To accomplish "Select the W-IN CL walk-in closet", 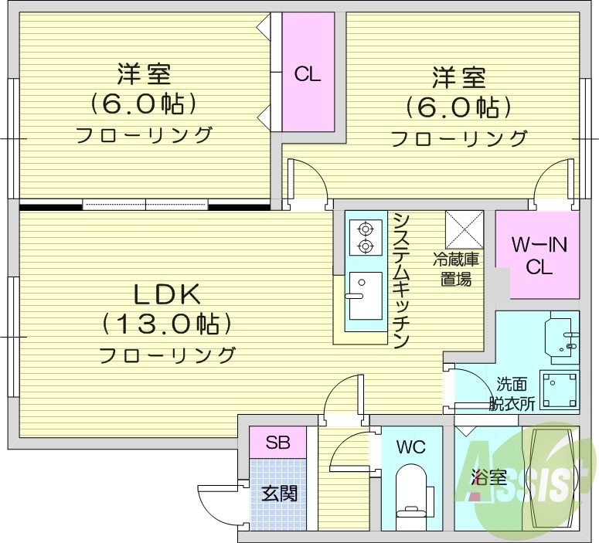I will tap(538, 256).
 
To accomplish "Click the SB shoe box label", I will tap(277, 443).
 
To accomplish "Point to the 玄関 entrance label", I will tap(279, 493).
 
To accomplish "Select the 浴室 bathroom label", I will tap(488, 477).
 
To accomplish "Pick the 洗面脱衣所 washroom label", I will tap(512, 393).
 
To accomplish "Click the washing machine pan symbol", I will tap(558, 390).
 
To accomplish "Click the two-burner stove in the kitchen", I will tap(365, 237).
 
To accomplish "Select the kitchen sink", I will tap(364, 295).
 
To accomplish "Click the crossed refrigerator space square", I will tap(464, 229).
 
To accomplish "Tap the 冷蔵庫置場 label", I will tap(456, 270).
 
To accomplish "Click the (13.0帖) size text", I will tap(167, 324).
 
